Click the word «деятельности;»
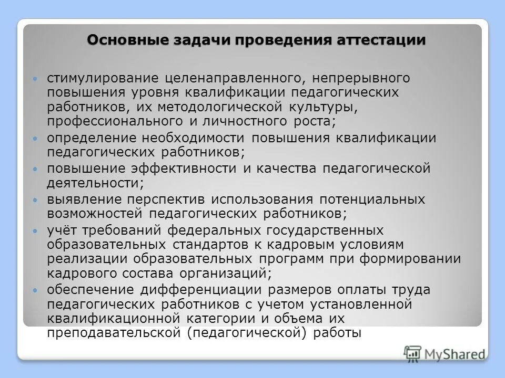tap(95, 183)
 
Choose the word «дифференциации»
tap(214, 290)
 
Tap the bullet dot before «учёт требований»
tap(35, 232)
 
